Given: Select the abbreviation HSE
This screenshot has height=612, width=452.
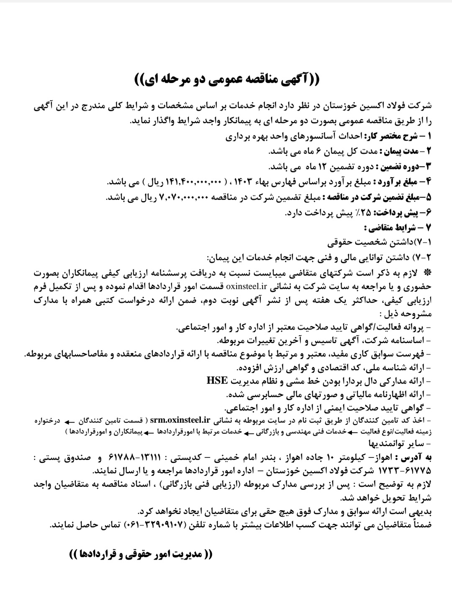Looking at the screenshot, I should [x=217, y=381].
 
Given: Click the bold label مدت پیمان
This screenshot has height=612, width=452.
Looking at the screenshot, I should [x=398, y=150].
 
